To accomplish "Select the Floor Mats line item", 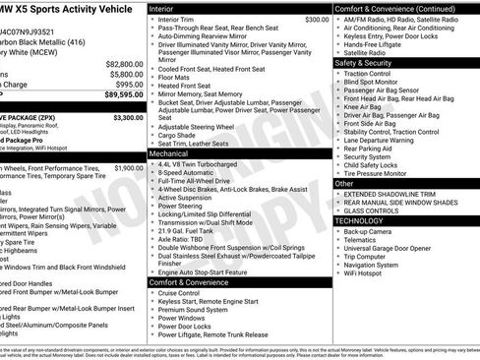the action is pyautogui.click(x=175, y=77).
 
